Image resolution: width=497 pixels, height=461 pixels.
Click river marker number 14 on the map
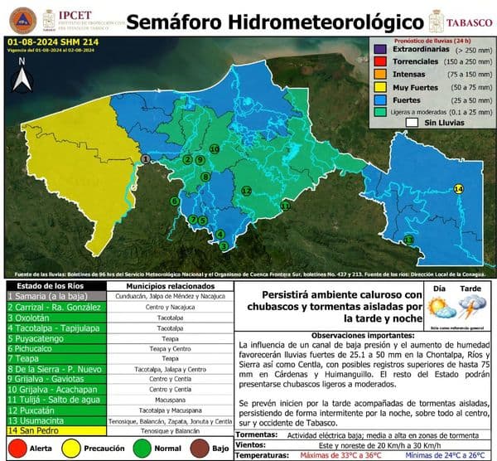(x=458, y=189)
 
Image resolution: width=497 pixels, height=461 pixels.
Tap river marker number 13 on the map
(x=408, y=240)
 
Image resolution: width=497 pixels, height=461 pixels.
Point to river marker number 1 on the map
(x=145, y=158)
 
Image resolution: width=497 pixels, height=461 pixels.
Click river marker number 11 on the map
(x=286, y=204)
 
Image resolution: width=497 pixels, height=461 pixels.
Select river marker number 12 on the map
(x=246, y=191)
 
